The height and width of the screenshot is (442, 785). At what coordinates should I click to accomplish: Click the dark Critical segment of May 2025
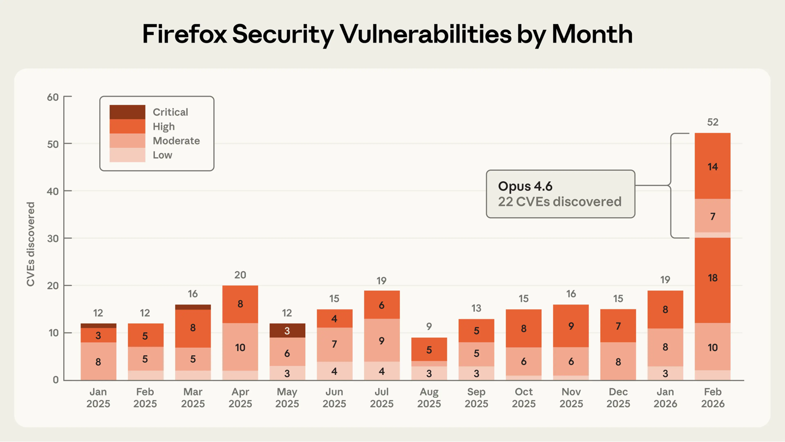pos(287,331)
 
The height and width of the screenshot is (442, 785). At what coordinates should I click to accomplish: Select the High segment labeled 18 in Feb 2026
pos(712,278)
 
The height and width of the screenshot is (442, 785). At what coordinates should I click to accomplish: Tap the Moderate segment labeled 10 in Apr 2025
pos(240,347)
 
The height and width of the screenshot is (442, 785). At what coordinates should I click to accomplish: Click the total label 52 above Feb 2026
pos(712,122)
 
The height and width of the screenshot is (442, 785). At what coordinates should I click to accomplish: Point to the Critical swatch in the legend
pos(127,112)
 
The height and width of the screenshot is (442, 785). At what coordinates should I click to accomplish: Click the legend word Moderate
pos(176,141)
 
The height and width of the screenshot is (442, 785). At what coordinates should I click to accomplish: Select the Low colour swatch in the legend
pos(127,155)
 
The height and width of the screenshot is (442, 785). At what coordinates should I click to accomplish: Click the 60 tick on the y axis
pos(52,97)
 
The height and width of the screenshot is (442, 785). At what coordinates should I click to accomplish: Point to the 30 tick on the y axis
pos(52,238)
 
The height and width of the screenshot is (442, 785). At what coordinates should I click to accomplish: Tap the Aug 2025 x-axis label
pos(429,398)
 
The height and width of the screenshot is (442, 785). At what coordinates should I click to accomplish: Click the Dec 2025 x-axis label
pos(618,398)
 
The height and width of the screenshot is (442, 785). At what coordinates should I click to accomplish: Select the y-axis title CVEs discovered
pos(31,244)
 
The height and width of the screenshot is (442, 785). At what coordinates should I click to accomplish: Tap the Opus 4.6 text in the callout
pos(525,187)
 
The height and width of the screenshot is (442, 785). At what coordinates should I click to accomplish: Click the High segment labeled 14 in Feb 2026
pos(712,167)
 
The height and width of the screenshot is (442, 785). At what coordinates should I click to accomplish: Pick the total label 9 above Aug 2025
pos(429,327)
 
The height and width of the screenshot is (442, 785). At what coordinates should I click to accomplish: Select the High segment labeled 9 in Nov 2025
pos(571,326)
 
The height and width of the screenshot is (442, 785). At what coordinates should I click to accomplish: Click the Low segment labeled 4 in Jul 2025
pos(382,372)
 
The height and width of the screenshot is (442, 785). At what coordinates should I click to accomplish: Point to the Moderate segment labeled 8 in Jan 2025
pos(98,361)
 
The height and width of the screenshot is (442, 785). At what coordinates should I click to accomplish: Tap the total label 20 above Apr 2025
pos(240,275)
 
